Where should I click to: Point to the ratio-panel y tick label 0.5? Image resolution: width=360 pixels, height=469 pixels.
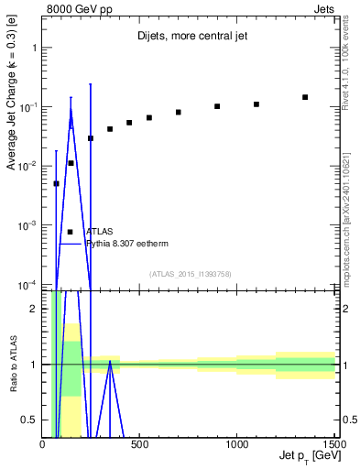point(31,420)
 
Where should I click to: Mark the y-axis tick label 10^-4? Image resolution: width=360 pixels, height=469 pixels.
point(27,285)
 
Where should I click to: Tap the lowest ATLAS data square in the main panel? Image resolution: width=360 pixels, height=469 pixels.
point(56,183)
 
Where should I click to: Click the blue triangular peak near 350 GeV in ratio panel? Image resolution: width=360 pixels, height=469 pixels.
point(110,362)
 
